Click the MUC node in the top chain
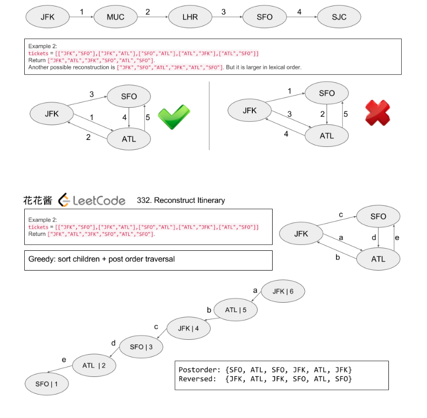(115, 17)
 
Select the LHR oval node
(190, 17)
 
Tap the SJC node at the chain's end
(339, 17)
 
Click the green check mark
(174, 117)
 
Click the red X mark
(377, 113)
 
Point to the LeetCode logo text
(94, 200)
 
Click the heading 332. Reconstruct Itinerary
(181, 200)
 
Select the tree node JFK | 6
(283, 291)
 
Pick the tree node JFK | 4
(188, 328)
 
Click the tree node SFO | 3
(141, 347)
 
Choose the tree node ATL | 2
(94, 366)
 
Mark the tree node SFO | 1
(47, 384)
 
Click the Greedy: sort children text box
(148, 260)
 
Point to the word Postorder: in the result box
(199, 370)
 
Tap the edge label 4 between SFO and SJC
(299, 11)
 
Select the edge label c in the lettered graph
(340, 215)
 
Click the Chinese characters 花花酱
(38, 200)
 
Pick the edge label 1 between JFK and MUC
(82, 11)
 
